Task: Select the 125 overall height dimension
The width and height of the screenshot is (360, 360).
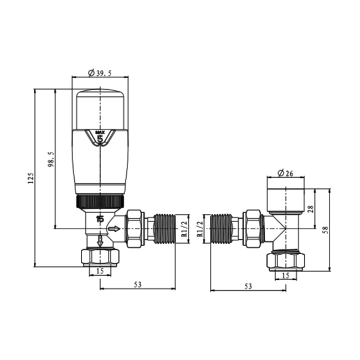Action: pos(31,177)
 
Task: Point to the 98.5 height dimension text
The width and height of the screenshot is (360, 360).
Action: pos(51,159)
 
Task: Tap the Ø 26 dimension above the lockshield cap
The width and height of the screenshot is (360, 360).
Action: pos(285,173)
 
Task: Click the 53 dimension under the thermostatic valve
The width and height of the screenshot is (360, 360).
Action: pos(137,285)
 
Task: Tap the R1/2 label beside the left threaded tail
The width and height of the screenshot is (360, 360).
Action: pos(183,228)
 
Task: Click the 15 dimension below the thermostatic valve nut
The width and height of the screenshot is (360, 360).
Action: pos(100,271)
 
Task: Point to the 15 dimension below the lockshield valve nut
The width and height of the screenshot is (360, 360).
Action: pos(286,275)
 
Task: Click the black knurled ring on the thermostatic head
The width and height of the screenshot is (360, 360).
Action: pos(99,201)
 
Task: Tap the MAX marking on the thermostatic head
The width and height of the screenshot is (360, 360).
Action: pos(100,132)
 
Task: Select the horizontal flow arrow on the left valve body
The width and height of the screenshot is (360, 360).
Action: pos(114,228)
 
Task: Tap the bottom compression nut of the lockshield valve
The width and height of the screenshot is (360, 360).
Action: pos(286,260)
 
